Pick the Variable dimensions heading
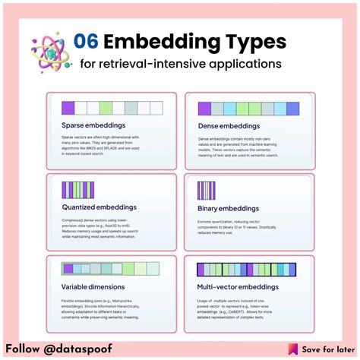[92, 287]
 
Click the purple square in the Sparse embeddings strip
[68, 107]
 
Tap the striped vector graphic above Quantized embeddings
[78, 189]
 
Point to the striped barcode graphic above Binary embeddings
[206, 191]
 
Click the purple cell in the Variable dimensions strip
[68, 269]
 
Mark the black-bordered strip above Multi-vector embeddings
[245, 270]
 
